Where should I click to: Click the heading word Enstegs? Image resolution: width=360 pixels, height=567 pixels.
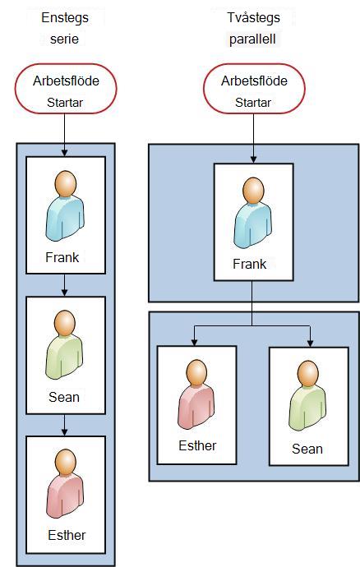pyautogui.click(x=65, y=18)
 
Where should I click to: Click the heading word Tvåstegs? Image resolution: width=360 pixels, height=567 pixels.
pyautogui.click(x=254, y=18)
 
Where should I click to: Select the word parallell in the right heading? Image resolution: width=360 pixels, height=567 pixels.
pyautogui.click(x=252, y=39)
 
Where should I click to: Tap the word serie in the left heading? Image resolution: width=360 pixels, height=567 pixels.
pyautogui.click(x=64, y=39)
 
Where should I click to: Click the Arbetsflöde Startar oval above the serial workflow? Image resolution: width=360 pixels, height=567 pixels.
pyautogui.click(x=66, y=89)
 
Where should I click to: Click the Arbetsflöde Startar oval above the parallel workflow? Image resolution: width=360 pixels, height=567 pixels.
pyautogui.click(x=254, y=89)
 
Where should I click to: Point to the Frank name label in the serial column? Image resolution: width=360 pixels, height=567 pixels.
pyautogui.click(x=62, y=257)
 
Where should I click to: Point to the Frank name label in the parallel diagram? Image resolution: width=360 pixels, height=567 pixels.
pyautogui.click(x=250, y=264)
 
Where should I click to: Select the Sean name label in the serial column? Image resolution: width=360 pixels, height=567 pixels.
pyautogui.click(x=64, y=397)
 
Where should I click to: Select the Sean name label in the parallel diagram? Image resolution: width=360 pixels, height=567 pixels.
pyautogui.click(x=307, y=449)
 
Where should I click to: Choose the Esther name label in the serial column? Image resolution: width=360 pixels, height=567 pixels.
pyautogui.click(x=67, y=535)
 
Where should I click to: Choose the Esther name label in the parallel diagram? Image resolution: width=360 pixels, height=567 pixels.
pyautogui.click(x=197, y=445)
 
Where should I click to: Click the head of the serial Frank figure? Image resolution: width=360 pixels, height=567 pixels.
pyautogui.click(x=66, y=184)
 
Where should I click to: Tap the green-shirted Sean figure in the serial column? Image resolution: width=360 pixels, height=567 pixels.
pyautogui.click(x=64, y=345)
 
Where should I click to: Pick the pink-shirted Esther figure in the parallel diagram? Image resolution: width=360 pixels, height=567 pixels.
pyautogui.click(x=196, y=394)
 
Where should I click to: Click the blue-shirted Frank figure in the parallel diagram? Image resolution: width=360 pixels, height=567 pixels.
pyautogui.click(x=253, y=213)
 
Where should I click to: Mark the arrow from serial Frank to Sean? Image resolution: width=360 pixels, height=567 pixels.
pyautogui.click(x=64, y=285)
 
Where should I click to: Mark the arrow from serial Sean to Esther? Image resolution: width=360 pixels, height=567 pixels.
pyautogui.click(x=64, y=425)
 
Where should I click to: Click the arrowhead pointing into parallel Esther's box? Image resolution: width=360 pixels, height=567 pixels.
pyautogui.click(x=195, y=342)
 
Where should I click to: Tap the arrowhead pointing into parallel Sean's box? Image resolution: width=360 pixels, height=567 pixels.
pyautogui.click(x=310, y=343)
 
